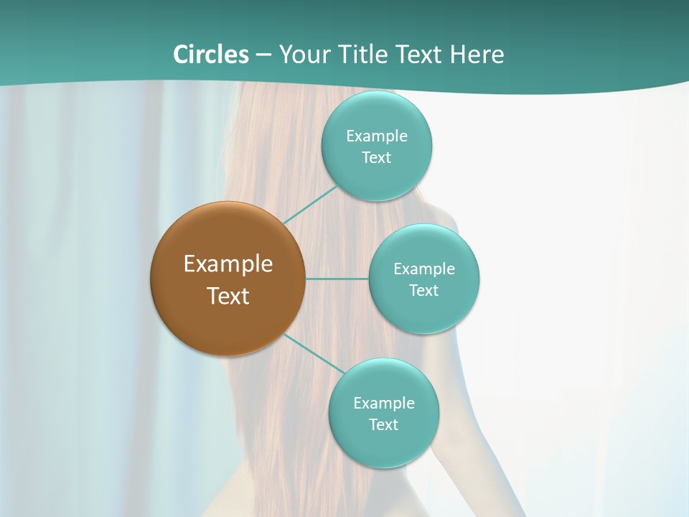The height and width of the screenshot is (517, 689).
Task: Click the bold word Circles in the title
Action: point(210,55)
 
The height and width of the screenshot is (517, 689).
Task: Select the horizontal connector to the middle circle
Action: point(337,279)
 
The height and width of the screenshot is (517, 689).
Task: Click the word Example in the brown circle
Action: point(228,264)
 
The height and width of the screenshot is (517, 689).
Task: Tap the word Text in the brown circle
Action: point(228,296)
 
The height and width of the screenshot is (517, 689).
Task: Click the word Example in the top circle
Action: point(377,136)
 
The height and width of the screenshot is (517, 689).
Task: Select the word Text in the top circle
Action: point(377,158)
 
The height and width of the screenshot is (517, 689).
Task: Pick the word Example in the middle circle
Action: point(424,269)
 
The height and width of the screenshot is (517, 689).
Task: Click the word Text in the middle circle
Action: point(424,291)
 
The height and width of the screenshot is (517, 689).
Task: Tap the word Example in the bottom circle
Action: point(384,404)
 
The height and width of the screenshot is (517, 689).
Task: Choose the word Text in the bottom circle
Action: point(384,425)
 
